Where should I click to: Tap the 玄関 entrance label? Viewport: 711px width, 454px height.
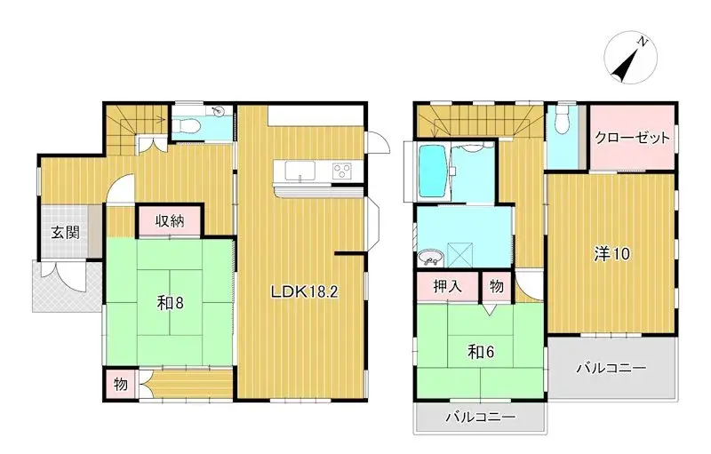(63, 233)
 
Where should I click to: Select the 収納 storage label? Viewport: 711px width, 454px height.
(171, 221)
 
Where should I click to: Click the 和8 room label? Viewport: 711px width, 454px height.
(170, 302)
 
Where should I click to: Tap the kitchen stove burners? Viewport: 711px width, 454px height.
(342, 170)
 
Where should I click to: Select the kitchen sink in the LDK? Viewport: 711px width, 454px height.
(300, 171)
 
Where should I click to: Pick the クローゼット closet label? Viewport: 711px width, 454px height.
(632, 139)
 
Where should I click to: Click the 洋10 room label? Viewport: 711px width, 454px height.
(611, 253)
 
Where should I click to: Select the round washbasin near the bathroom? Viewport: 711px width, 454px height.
(432, 259)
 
